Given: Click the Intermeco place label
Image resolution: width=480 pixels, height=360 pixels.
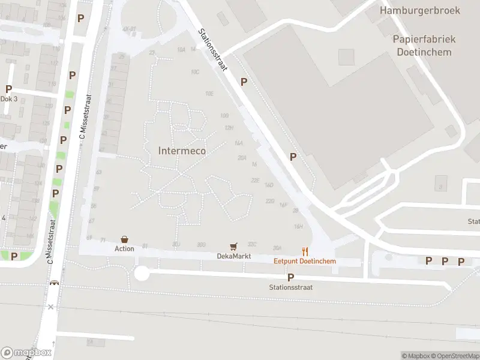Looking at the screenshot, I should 182,151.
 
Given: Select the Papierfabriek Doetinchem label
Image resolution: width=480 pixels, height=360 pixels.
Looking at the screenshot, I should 424,45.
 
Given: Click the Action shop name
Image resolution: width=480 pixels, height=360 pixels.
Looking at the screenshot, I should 125,248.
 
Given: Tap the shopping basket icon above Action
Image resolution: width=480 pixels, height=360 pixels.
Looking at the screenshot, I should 125,239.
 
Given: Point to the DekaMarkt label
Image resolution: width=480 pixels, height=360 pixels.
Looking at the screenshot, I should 233,256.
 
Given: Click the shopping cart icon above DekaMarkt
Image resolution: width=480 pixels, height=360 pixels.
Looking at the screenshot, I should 233,247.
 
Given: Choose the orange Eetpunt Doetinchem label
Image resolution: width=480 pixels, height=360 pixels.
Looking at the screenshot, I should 305,261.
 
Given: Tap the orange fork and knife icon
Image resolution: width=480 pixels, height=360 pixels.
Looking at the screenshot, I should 305,251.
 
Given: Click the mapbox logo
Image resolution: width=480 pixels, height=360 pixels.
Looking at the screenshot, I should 26,352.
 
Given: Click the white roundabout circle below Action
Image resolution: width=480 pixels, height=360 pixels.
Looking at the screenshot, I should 142,274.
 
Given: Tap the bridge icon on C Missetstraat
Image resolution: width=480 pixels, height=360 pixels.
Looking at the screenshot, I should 55,283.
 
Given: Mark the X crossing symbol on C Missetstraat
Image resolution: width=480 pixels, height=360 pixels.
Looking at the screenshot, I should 51,307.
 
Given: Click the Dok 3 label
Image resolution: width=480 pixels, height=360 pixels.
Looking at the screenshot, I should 8,98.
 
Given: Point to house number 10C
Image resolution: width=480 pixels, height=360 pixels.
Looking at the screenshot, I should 195,72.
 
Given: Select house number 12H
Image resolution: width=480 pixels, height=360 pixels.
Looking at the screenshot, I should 229,128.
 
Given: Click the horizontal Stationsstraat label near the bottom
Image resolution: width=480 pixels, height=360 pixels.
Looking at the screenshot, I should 290,287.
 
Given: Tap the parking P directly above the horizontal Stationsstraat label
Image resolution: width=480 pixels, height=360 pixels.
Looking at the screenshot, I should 290,277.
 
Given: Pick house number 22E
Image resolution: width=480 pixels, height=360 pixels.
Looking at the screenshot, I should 255,180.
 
